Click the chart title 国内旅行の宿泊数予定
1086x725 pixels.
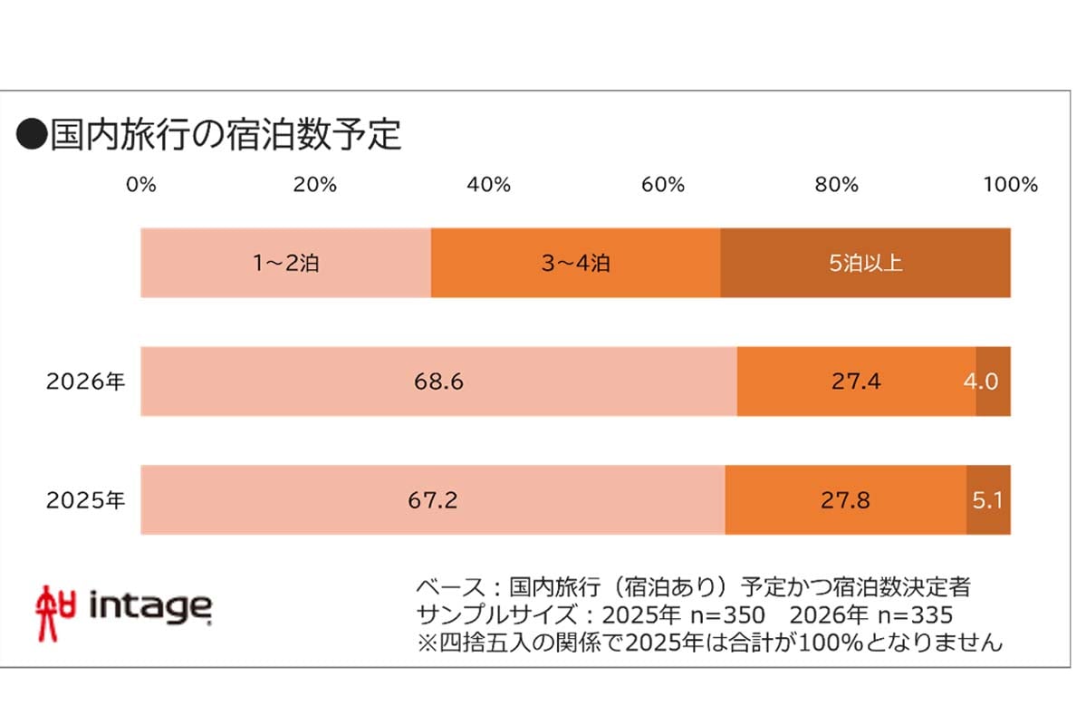point(209,135)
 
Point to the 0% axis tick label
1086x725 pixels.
point(141,185)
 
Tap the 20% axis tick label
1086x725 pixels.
point(315,185)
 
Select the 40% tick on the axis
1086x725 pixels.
point(489,185)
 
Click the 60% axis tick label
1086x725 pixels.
point(662,185)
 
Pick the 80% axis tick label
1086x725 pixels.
point(836,185)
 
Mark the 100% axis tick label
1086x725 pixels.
point(1010,185)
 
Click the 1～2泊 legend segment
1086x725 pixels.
point(286,264)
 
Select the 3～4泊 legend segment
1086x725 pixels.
point(576,264)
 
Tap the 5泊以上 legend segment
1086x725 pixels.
point(865,264)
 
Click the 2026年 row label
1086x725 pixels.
point(86,382)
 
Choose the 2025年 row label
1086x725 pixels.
point(86,499)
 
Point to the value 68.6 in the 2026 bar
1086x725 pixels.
point(438,382)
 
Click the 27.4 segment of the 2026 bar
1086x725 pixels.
point(856,382)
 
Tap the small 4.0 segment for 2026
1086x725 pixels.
point(993,382)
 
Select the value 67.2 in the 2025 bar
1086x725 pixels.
point(433,499)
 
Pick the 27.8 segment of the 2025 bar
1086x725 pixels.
point(845,499)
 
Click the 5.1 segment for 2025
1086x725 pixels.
point(988,499)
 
